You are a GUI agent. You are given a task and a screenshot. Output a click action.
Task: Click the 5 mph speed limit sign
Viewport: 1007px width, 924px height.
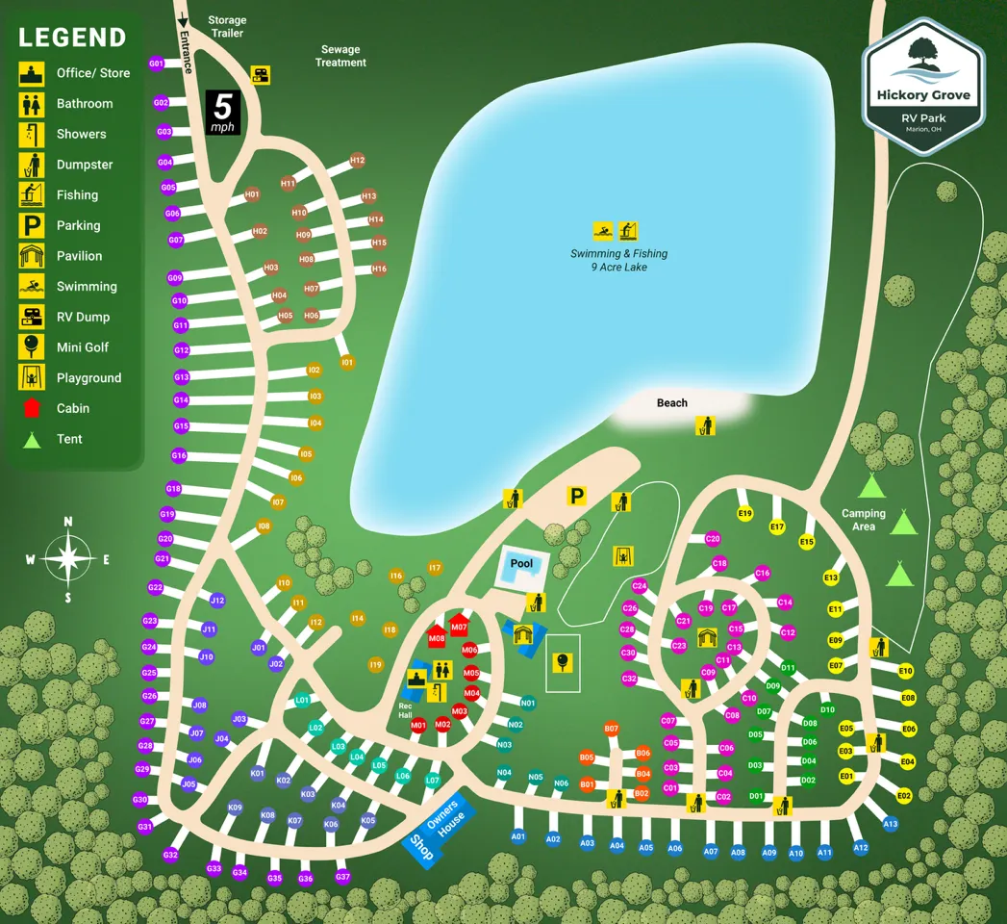click(223, 112)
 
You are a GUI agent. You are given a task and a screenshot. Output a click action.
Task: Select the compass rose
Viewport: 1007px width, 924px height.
click(68, 558)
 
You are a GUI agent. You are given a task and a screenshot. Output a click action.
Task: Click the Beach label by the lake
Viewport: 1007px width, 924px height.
click(672, 402)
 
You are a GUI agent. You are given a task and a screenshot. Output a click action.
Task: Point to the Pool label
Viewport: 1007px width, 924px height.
click(521, 563)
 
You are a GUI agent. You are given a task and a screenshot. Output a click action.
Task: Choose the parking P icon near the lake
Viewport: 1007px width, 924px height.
click(576, 497)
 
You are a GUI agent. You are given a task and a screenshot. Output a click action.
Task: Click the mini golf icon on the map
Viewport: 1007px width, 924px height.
click(563, 661)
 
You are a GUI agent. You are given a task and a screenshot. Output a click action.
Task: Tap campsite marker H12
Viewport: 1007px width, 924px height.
click(358, 161)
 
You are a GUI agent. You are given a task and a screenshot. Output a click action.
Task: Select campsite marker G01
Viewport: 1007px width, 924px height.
click(157, 64)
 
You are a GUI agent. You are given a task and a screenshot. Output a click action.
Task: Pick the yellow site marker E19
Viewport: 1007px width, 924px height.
click(744, 514)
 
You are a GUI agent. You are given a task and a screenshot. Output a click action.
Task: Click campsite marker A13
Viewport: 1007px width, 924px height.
click(890, 824)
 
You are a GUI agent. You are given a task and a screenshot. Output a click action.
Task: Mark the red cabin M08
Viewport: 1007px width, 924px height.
click(437, 636)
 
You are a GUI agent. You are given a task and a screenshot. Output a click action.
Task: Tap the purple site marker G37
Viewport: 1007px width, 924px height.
click(342, 877)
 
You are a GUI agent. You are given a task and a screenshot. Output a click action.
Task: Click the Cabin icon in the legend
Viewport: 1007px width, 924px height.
click(32, 408)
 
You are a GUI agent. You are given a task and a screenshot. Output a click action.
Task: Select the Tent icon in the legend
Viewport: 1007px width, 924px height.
click(32, 439)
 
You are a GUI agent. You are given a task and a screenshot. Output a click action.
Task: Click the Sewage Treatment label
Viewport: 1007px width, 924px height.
click(340, 56)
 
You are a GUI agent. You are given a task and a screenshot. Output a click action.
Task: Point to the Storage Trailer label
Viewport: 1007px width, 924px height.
click(227, 27)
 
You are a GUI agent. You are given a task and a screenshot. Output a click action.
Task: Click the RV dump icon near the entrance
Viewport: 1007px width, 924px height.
click(260, 74)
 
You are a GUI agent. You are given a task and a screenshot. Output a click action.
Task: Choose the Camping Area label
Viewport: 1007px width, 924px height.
click(864, 520)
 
